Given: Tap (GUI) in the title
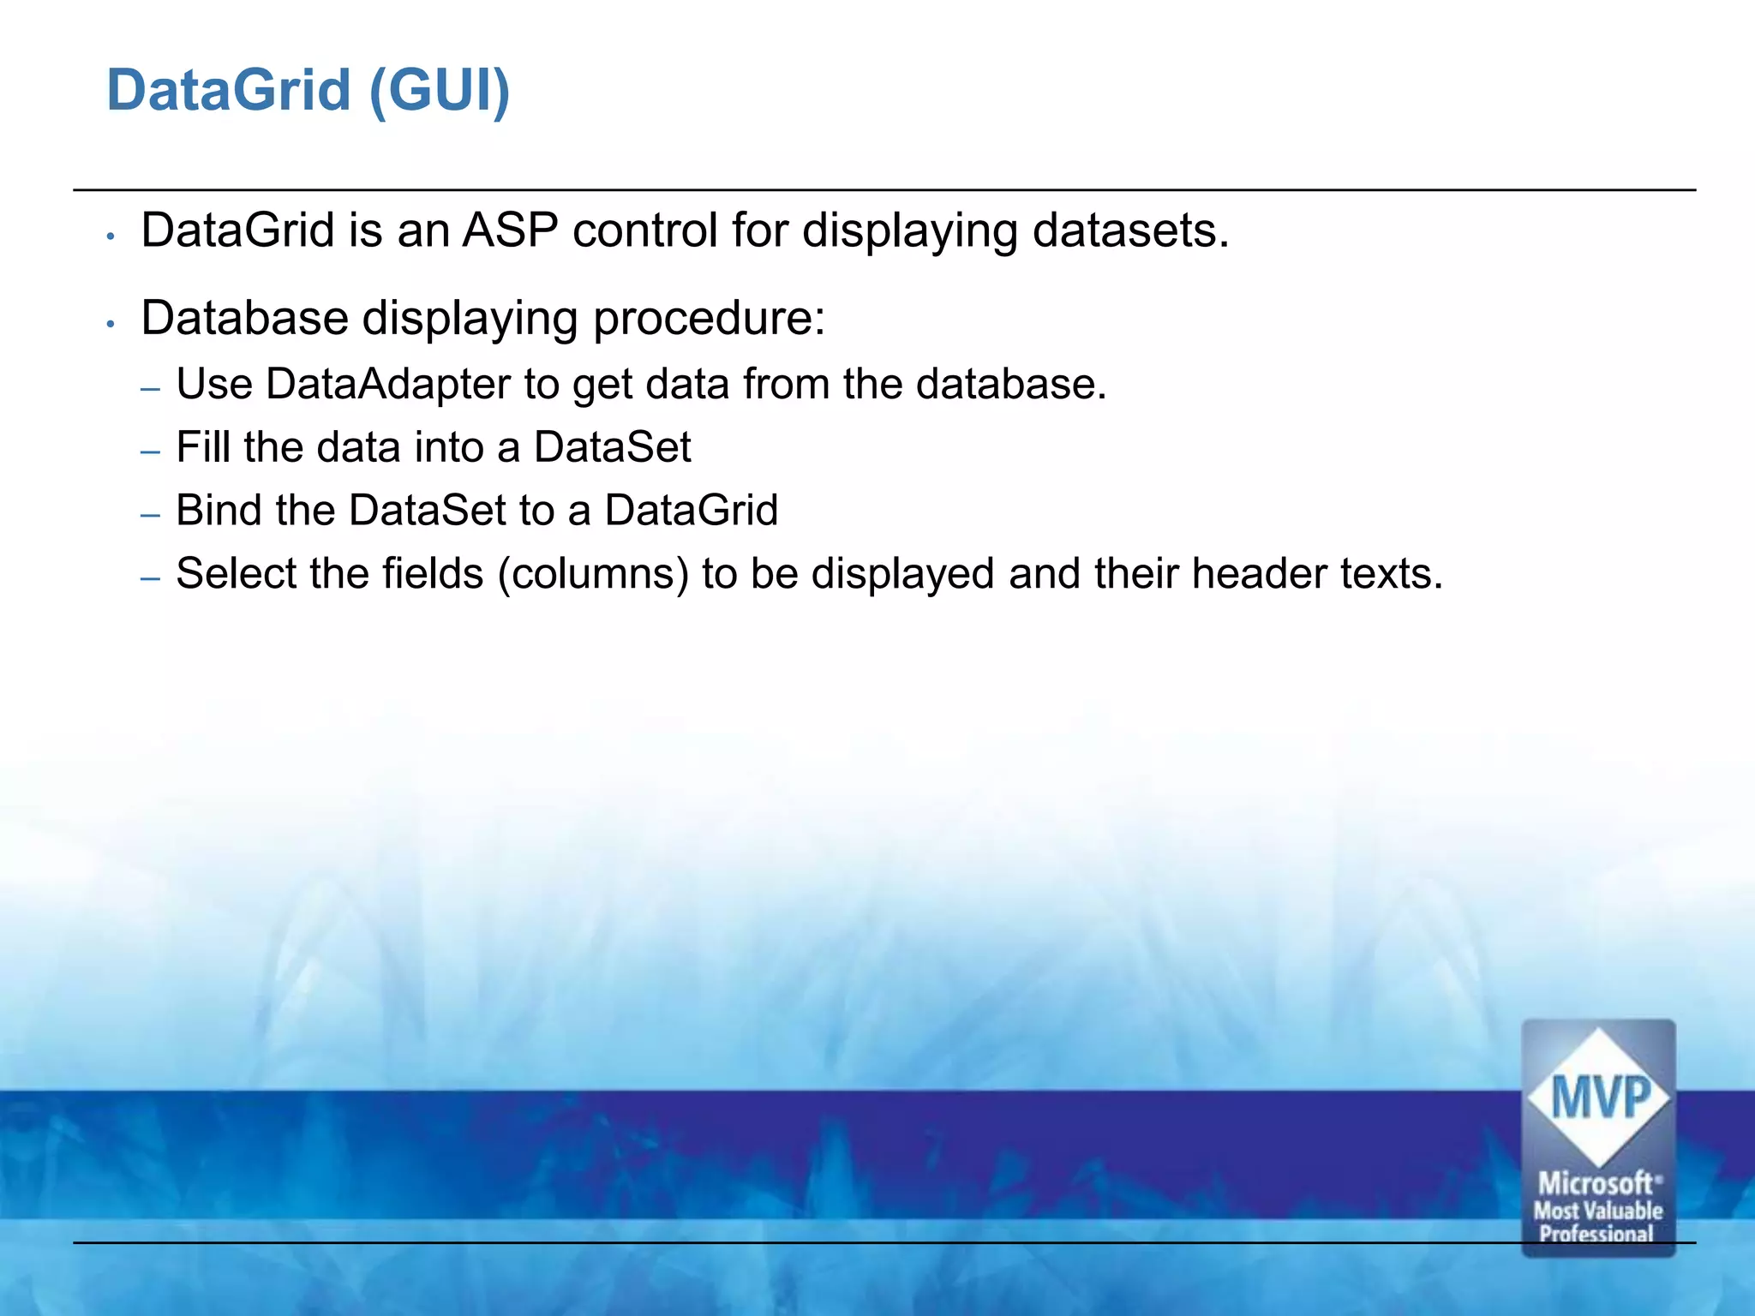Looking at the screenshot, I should pyautogui.click(x=440, y=90).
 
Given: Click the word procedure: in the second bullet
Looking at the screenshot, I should pyautogui.click(x=709, y=319).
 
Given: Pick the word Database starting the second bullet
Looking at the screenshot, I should pyautogui.click(x=244, y=318).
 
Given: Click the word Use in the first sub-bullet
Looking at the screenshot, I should pyautogui.click(x=213, y=384).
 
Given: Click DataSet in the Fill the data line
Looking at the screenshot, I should pyautogui.click(x=612, y=447).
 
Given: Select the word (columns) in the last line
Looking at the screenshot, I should pyautogui.click(x=593, y=574).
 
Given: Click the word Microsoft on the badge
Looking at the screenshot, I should pyautogui.click(x=1596, y=1184).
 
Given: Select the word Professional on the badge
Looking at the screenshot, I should pyautogui.click(x=1596, y=1234).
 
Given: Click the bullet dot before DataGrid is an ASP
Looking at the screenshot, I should pyautogui.click(x=111, y=236).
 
